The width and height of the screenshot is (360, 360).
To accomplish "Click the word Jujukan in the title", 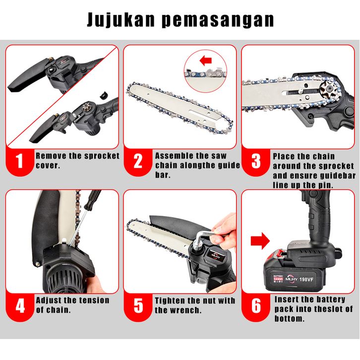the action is click(x=121, y=20).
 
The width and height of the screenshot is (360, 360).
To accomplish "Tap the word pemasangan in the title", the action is click(x=218, y=21).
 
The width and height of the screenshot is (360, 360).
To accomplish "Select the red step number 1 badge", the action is click(x=20, y=161).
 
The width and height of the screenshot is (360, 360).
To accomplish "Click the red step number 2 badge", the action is click(x=138, y=161).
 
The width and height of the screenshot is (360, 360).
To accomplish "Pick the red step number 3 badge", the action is click(x=256, y=161).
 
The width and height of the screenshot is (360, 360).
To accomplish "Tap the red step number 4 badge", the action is click(x=20, y=306).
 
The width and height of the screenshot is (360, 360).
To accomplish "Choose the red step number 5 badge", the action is click(x=138, y=306).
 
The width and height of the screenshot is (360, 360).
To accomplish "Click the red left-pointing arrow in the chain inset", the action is click(x=205, y=61).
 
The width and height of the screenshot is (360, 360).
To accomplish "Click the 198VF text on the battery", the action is click(x=306, y=279).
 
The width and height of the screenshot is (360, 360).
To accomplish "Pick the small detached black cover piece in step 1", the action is click(x=104, y=95).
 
